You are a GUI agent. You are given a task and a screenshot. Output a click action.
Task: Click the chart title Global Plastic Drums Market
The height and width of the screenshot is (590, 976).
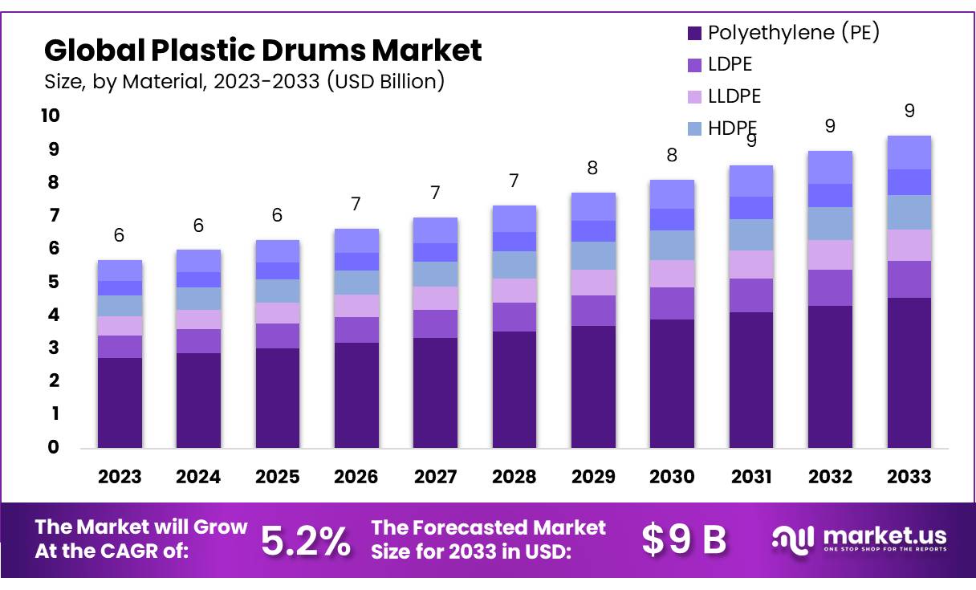[x=262, y=51]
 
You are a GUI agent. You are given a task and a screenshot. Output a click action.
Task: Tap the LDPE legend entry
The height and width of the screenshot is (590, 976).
[x=730, y=64]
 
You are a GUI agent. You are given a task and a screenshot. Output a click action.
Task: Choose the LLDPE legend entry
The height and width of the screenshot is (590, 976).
[x=734, y=96]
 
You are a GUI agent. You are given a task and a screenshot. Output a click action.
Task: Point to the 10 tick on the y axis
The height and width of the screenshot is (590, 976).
[x=50, y=116]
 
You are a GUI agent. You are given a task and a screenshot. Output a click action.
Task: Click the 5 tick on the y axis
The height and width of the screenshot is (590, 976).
[x=54, y=282]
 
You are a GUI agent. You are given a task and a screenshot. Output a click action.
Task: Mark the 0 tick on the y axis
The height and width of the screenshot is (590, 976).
[x=54, y=447]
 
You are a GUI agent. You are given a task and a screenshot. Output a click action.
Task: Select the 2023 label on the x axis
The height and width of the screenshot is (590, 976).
[x=120, y=477]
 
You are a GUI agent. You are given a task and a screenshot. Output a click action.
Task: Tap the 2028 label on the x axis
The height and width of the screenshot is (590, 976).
[x=514, y=477]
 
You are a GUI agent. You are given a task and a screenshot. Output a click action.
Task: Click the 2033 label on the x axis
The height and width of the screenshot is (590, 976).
[x=909, y=477]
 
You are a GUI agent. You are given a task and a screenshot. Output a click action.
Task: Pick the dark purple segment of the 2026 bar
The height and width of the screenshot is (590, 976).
[x=356, y=395]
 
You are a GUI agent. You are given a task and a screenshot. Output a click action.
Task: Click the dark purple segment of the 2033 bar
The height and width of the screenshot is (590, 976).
[x=909, y=372]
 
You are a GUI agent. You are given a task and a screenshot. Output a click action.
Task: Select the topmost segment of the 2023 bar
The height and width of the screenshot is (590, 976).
[x=120, y=271]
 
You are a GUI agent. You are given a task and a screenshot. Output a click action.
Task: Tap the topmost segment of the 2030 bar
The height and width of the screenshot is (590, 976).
[x=672, y=193]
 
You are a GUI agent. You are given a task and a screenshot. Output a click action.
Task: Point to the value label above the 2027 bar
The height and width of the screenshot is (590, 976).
[x=435, y=193]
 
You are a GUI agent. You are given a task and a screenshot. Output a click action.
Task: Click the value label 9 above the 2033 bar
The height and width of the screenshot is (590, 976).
[x=909, y=111]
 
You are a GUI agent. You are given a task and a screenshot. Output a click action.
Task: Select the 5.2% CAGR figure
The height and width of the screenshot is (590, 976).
[x=306, y=542]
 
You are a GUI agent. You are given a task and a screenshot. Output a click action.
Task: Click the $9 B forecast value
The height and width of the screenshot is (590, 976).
[x=684, y=540]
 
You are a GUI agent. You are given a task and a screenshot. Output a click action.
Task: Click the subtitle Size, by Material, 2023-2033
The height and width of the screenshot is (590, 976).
[x=244, y=81]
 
